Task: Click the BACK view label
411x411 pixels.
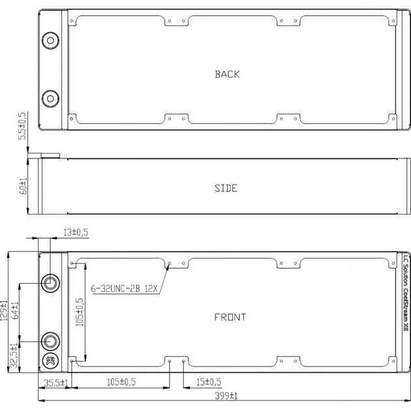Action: coord(227,74)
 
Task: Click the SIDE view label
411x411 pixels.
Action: coord(226,189)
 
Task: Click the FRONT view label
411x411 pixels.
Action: coord(230,318)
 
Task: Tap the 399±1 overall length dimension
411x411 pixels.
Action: coord(222,395)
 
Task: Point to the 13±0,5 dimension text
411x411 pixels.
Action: coord(75,232)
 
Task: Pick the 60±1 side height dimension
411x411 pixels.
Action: coord(23,186)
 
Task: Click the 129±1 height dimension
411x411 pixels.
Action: coord(5,311)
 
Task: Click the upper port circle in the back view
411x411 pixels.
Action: coord(50,40)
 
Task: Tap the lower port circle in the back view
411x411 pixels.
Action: coord(50,99)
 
